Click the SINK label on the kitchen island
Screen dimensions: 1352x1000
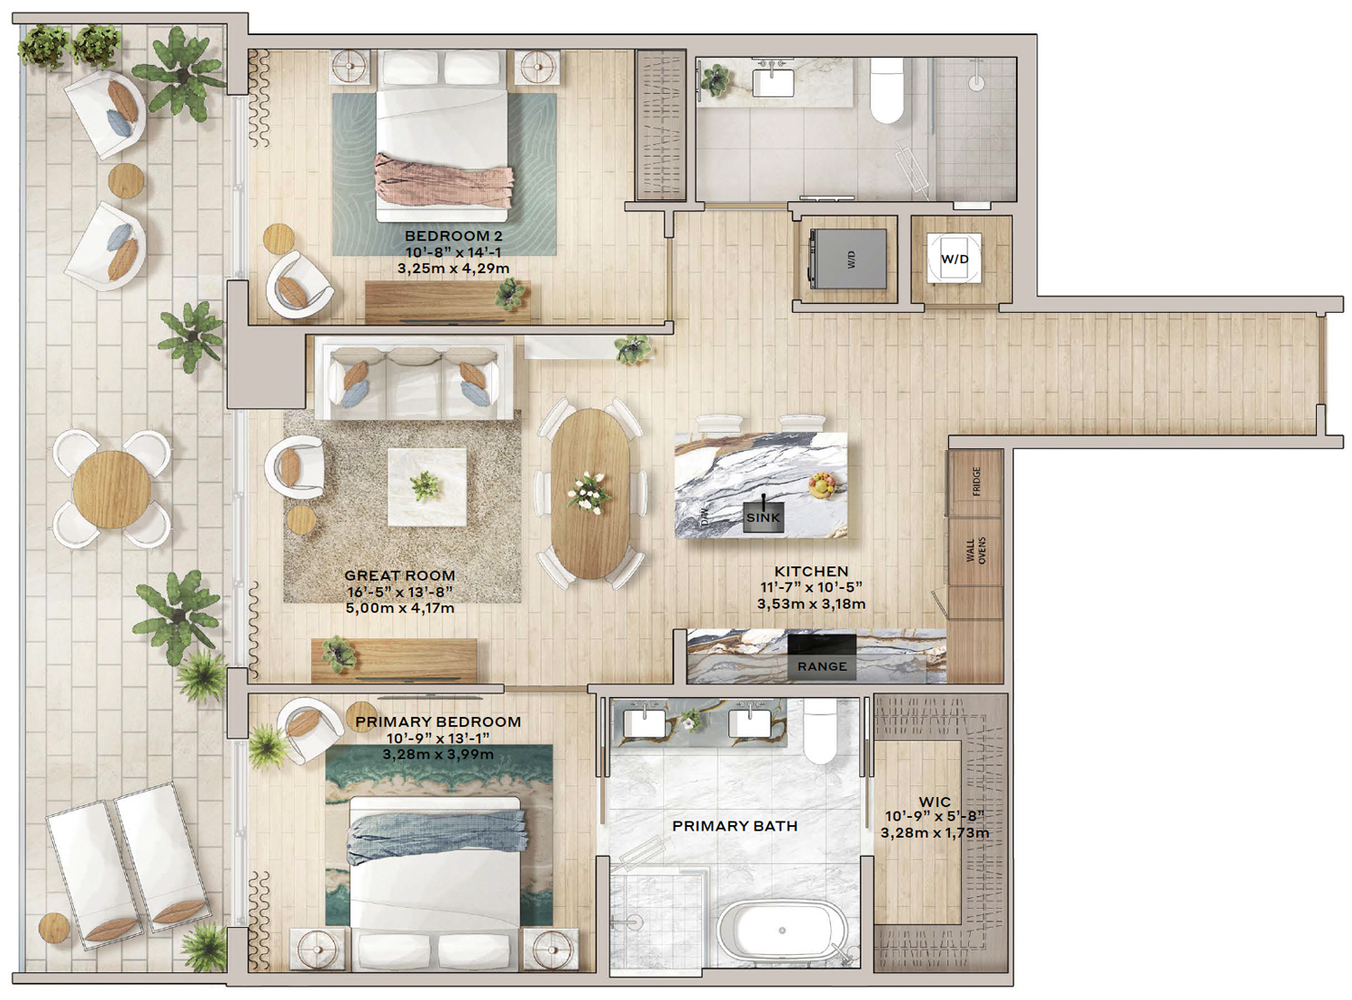(x=763, y=518)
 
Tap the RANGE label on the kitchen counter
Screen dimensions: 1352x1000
(x=822, y=666)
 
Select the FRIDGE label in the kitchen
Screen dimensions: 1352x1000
(x=976, y=482)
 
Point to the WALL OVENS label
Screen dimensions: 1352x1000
(x=975, y=550)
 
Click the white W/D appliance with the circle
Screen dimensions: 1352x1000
(x=954, y=259)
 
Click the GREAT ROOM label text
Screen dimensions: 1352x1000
(x=399, y=575)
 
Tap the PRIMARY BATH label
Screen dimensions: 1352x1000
(x=735, y=826)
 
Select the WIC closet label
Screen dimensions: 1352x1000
(x=935, y=802)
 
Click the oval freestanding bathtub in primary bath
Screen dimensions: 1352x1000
(x=782, y=931)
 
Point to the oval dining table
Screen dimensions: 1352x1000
(x=589, y=493)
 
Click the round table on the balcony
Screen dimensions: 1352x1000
(x=112, y=490)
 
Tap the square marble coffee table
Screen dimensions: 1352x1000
(x=427, y=487)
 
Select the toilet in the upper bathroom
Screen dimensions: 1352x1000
(x=886, y=90)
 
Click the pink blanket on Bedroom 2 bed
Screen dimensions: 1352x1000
(x=443, y=180)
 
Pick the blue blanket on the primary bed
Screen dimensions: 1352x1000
(x=436, y=839)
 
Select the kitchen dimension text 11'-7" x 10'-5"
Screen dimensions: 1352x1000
(x=810, y=587)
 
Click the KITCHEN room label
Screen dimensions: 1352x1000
(x=810, y=572)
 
